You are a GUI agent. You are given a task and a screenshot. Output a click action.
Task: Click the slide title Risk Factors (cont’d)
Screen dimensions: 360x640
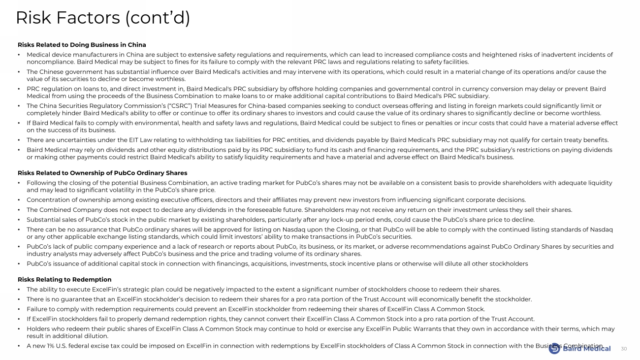(103, 18)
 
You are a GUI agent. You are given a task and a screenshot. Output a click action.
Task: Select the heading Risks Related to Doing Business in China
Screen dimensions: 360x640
(82, 45)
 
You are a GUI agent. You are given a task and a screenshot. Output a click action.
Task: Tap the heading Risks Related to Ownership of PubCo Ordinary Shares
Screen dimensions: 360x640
(102, 173)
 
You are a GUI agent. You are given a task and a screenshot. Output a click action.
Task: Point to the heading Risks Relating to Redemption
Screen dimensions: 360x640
(64, 279)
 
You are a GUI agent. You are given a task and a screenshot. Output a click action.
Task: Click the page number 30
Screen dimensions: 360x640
(624, 349)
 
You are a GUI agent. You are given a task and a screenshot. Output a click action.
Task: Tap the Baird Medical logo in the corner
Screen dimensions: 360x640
(580, 348)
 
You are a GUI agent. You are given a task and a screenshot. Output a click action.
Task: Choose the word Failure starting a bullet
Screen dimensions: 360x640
(37, 309)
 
